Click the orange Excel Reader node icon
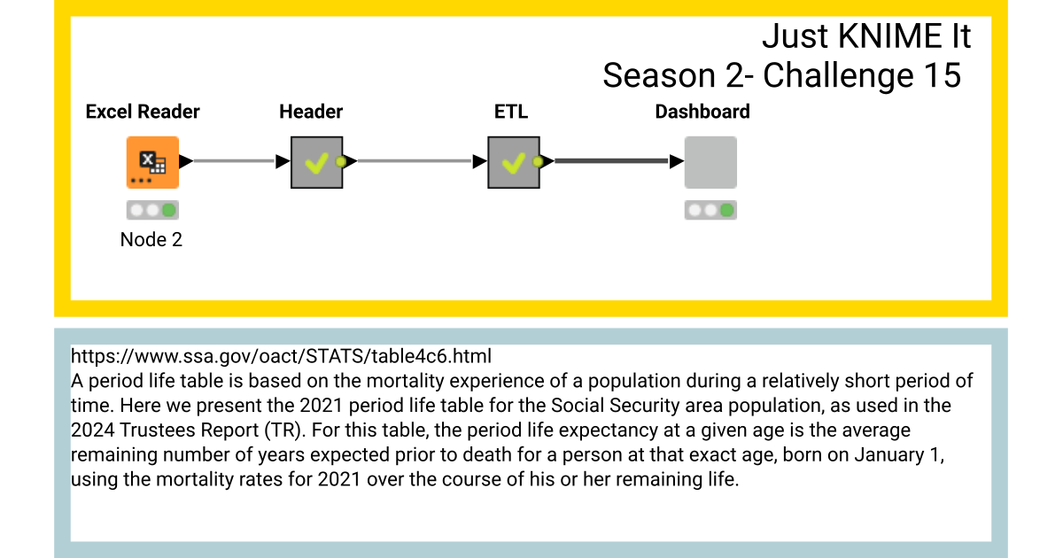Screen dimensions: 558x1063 click(152, 162)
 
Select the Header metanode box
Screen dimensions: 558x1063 click(317, 162)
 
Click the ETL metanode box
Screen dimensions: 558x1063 click(514, 162)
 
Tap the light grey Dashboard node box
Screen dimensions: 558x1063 click(710, 162)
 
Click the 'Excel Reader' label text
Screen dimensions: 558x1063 click(143, 112)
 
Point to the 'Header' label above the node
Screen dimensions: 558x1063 click(311, 112)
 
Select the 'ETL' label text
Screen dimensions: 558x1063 click(511, 112)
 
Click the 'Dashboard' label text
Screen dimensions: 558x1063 click(702, 112)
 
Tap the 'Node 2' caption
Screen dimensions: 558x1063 click(151, 239)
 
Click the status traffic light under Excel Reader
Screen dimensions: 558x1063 click(152, 211)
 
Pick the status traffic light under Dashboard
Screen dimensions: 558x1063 click(710, 211)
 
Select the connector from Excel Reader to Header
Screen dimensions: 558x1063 click(235, 161)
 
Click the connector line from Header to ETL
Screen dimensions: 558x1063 click(415, 161)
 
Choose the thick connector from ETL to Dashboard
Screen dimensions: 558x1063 click(611, 161)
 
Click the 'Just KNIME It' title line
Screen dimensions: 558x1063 click(866, 37)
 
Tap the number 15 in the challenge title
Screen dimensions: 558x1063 click(941, 76)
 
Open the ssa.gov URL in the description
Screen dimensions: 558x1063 click(281, 356)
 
